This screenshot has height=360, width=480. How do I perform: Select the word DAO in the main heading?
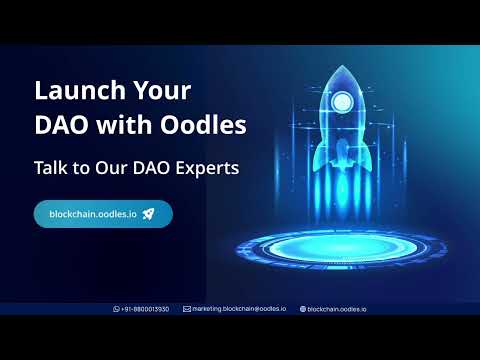click(61, 126)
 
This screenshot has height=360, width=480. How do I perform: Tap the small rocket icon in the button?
click(148, 214)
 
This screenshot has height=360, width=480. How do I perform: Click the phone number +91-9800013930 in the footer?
click(145, 309)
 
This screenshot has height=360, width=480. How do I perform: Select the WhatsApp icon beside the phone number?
click(116, 309)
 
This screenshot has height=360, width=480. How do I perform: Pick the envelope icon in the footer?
click(187, 309)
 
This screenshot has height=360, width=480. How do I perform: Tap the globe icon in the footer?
click(303, 309)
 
